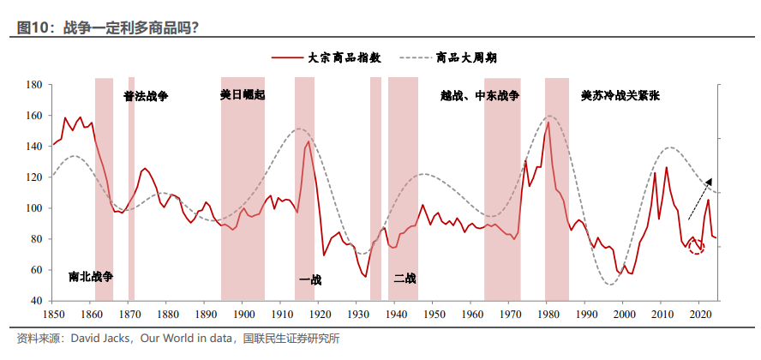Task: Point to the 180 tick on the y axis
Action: (35, 85)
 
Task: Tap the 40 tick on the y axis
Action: (39, 301)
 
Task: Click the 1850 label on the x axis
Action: (52, 315)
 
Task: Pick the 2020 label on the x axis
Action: (699, 315)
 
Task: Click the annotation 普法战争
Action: (146, 96)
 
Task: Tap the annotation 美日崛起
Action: (243, 95)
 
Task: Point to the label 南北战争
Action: (91, 276)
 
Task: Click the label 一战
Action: (309, 279)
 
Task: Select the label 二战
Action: (404, 278)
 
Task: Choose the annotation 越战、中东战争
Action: (480, 96)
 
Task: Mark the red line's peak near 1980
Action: (548, 123)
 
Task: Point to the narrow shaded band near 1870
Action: (131, 189)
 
